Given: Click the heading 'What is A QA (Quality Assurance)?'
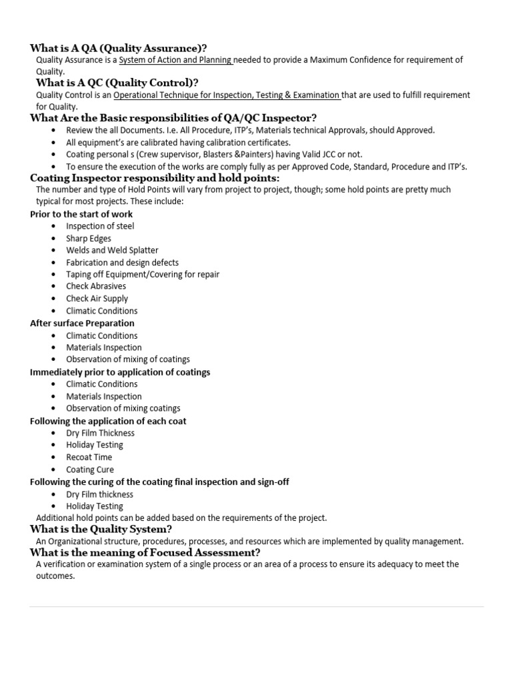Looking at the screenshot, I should tap(118, 48).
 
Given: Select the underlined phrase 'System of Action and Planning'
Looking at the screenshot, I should tap(175, 60).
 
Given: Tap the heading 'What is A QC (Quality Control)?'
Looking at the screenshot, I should tap(117, 83).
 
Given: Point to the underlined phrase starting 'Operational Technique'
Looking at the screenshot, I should tap(227, 95).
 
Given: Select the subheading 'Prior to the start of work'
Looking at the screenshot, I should tap(81, 214).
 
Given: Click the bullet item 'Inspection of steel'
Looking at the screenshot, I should tap(100, 226).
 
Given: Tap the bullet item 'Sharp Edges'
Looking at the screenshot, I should tap(89, 238).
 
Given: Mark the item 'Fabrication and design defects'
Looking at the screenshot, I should tap(122, 263).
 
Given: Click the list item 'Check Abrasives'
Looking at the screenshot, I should tap(96, 286).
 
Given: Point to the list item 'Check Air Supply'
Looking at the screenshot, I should tap(97, 299).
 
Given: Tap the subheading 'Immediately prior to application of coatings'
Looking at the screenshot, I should tap(120, 372).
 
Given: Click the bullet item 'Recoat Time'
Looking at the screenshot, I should tap(89, 457).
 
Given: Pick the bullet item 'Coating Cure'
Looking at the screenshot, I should tap(90, 470).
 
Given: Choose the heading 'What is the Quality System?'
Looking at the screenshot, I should tap(101, 530).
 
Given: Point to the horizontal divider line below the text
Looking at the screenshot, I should tap(257, 606).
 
